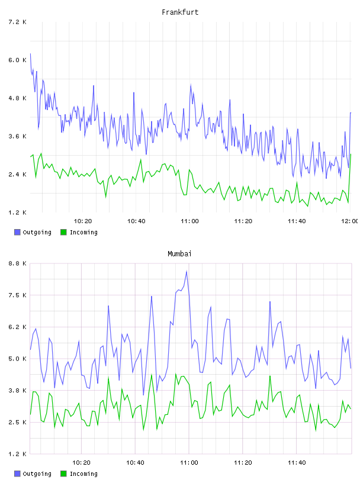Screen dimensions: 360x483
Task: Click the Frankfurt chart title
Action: [180, 12]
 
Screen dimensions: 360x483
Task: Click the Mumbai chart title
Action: [179, 254]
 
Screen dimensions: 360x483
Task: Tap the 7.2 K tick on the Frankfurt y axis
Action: [17, 22]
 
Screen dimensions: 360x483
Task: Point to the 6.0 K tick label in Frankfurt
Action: [17, 60]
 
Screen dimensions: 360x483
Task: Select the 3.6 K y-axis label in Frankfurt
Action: [17, 136]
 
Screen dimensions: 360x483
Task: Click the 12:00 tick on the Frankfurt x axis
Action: [350, 221]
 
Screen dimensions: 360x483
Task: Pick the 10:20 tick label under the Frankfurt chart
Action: [83, 221]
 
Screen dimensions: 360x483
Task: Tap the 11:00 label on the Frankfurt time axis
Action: [189, 221]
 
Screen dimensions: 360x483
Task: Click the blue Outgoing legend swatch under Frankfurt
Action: [17, 232]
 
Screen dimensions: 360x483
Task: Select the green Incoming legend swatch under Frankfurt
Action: [63, 232]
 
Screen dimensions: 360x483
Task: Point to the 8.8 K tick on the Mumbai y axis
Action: [17, 263]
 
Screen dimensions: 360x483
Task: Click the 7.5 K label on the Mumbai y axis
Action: [17, 295]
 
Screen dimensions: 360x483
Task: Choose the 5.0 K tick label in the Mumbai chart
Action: [17, 359]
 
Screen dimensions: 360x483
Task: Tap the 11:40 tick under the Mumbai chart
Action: [297, 462]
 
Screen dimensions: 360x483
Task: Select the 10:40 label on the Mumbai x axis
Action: [135, 462]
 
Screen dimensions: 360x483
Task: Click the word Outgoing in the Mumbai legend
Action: [37, 474]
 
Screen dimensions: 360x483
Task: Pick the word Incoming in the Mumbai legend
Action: [83, 474]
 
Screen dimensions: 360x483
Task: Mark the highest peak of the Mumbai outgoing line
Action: [187, 271]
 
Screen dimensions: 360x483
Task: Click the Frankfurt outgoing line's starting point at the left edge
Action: [30, 54]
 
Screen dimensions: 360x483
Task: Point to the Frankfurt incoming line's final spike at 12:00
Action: [351, 154]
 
